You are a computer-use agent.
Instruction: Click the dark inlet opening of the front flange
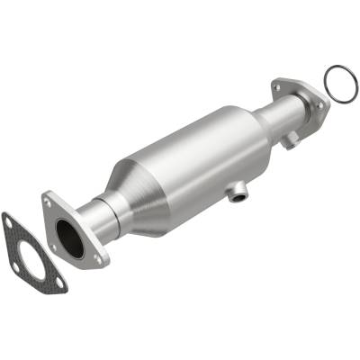(x=70, y=238)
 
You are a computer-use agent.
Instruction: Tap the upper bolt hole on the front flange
(x=49, y=202)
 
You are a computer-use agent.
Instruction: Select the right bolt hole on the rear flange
(x=319, y=104)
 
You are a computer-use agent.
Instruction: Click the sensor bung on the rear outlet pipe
(x=290, y=140)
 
